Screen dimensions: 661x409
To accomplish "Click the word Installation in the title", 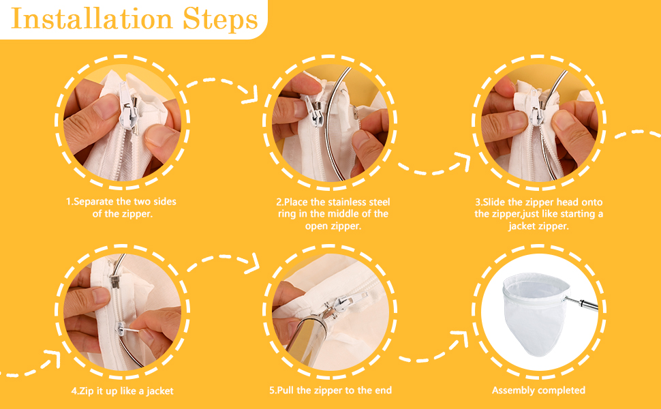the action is (91, 18).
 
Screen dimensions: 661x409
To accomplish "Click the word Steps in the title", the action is (220, 19).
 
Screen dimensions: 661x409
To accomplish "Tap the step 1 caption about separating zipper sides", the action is (121, 207).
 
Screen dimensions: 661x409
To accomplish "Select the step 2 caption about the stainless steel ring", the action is (333, 214).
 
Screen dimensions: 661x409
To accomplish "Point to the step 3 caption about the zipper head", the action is (539, 214).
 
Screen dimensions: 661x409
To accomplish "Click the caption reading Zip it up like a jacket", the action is (122, 391).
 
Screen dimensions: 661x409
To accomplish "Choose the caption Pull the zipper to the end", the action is (330, 391).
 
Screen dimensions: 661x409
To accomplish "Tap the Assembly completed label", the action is (538, 390).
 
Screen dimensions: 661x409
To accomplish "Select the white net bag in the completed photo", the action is (534, 313).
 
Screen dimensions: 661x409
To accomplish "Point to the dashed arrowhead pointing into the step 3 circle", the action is (463, 162).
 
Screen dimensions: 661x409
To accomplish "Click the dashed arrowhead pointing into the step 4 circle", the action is (52, 358).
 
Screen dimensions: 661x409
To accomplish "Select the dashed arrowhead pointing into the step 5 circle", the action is (253, 264).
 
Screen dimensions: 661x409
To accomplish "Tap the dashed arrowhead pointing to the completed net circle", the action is (460, 339).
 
